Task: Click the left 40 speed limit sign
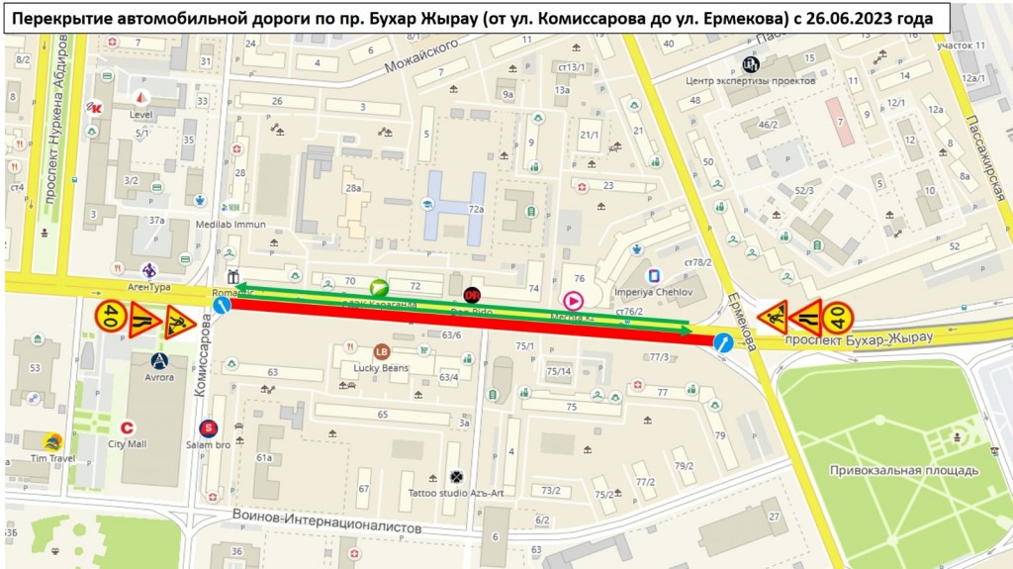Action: [109, 318]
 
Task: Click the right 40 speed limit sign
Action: [837, 317]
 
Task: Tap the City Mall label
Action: [128, 444]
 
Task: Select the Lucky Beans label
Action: [381, 367]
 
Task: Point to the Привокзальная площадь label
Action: [903, 470]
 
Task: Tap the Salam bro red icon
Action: [208, 428]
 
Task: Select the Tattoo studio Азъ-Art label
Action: [455, 493]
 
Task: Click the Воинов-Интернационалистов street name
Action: [326, 521]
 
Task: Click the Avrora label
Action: [159, 377]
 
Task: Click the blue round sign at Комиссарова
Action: [223, 306]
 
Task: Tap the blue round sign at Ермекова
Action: [723, 342]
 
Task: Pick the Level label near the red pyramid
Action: [141, 114]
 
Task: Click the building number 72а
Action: [476, 209]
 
